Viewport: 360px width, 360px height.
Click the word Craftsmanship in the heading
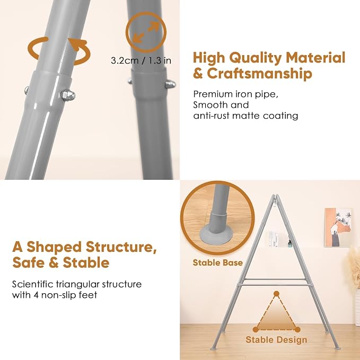point(259,74)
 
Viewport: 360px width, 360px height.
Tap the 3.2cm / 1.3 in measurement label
point(141,60)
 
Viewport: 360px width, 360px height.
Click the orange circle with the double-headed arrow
point(146,32)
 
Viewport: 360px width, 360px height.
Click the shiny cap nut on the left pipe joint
point(68,95)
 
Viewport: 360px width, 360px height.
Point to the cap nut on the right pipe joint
point(170,84)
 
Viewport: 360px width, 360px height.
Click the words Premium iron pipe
point(235,94)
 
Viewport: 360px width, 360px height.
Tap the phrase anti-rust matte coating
point(245,116)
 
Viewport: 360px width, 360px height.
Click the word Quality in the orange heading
point(256,58)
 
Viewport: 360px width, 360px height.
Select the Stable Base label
point(218,262)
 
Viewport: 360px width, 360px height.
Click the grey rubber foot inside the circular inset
point(216,232)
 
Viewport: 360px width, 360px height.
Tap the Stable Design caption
point(276,340)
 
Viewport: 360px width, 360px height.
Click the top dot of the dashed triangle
point(276,294)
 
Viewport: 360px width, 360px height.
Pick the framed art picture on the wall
point(338,227)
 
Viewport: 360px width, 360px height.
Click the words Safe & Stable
point(61,262)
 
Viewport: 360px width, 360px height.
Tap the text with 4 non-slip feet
point(55,295)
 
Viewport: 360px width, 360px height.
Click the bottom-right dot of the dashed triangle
point(297,330)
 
